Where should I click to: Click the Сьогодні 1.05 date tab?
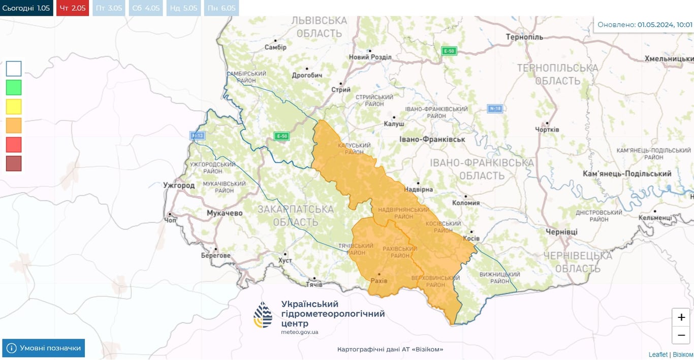[26, 8]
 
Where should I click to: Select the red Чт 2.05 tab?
[73, 8]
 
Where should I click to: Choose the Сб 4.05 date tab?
[145, 8]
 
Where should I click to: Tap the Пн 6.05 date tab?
[221, 8]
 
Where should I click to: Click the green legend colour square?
[14, 87]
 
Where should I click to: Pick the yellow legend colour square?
[14, 107]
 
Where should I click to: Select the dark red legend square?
[14, 163]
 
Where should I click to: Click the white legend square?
[14, 69]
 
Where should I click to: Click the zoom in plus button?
[681, 317]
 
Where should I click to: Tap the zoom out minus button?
[681, 335]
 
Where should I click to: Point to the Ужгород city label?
[179, 185]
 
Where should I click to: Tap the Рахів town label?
[379, 281]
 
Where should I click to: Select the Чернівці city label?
[561, 232]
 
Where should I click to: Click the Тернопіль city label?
[524, 37]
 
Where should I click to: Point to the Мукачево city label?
[225, 213]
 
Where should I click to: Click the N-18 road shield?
[494, 108]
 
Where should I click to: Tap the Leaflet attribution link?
[658, 354]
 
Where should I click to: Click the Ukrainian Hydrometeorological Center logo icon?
[263, 315]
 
